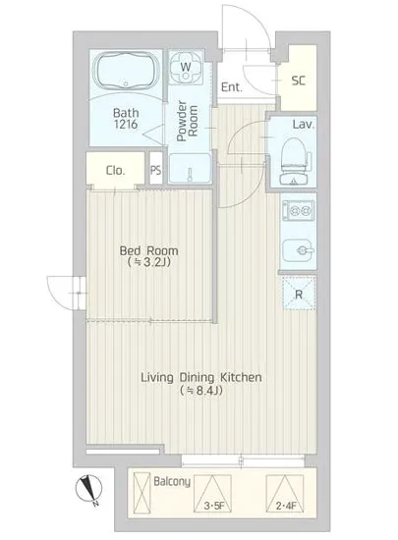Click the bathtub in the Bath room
click(126, 72)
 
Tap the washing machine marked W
click(186, 68)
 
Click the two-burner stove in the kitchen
click(297, 210)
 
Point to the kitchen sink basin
click(298, 251)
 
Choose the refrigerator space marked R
click(299, 294)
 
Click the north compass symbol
click(89, 489)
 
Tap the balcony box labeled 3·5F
click(212, 493)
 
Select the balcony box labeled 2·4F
click(285, 493)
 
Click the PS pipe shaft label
click(155, 170)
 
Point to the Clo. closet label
click(115, 171)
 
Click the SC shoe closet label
click(299, 81)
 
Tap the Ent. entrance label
click(232, 87)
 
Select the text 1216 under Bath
click(126, 124)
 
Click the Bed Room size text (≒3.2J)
click(149, 262)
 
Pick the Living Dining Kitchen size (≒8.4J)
click(201, 390)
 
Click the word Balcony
click(172, 482)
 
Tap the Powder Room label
click(188, 121)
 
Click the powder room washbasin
click(190, 168)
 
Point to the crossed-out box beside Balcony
click(142, 493)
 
